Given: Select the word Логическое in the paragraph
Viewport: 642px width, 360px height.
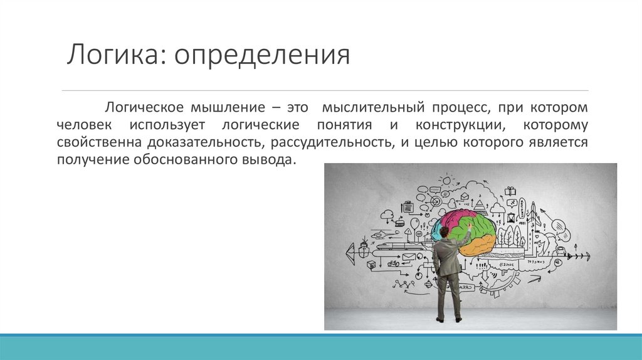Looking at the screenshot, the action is tap(145, 108).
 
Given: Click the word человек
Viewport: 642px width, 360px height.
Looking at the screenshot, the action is tap(84, 125).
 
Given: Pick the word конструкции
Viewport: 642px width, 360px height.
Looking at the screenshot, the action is tap(460, 125).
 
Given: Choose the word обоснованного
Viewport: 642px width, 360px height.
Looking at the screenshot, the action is tap(186, 160).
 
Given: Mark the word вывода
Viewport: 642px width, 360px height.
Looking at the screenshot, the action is tap(268, 160).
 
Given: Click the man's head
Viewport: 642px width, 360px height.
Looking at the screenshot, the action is tap(445, 233).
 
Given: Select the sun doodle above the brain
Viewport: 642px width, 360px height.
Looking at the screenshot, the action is tap(446, 180).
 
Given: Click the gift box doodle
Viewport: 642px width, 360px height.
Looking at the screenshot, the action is tap(510, 191).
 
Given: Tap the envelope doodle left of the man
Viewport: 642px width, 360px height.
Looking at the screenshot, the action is tap(409, 257).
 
